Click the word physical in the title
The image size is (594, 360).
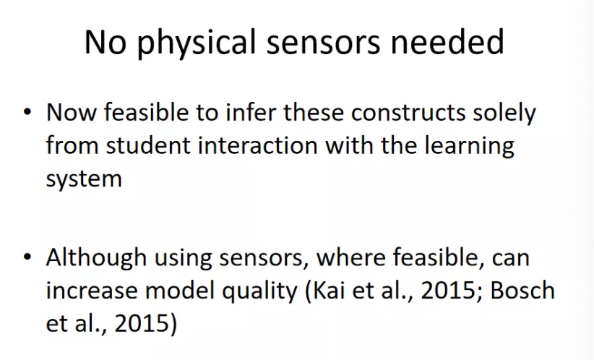point(197,43)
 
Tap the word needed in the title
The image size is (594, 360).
point(447,41)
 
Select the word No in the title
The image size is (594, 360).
point(105,42)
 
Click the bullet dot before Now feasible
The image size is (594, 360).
point(27,112)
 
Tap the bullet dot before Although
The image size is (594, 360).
point(27,257)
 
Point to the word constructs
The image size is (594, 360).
point(408,113)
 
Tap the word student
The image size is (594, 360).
point(148,145)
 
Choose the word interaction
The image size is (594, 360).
point(257,145)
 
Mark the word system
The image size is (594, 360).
point(84,179)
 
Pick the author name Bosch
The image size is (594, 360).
point(522,291)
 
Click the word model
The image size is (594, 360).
point(179,291)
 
